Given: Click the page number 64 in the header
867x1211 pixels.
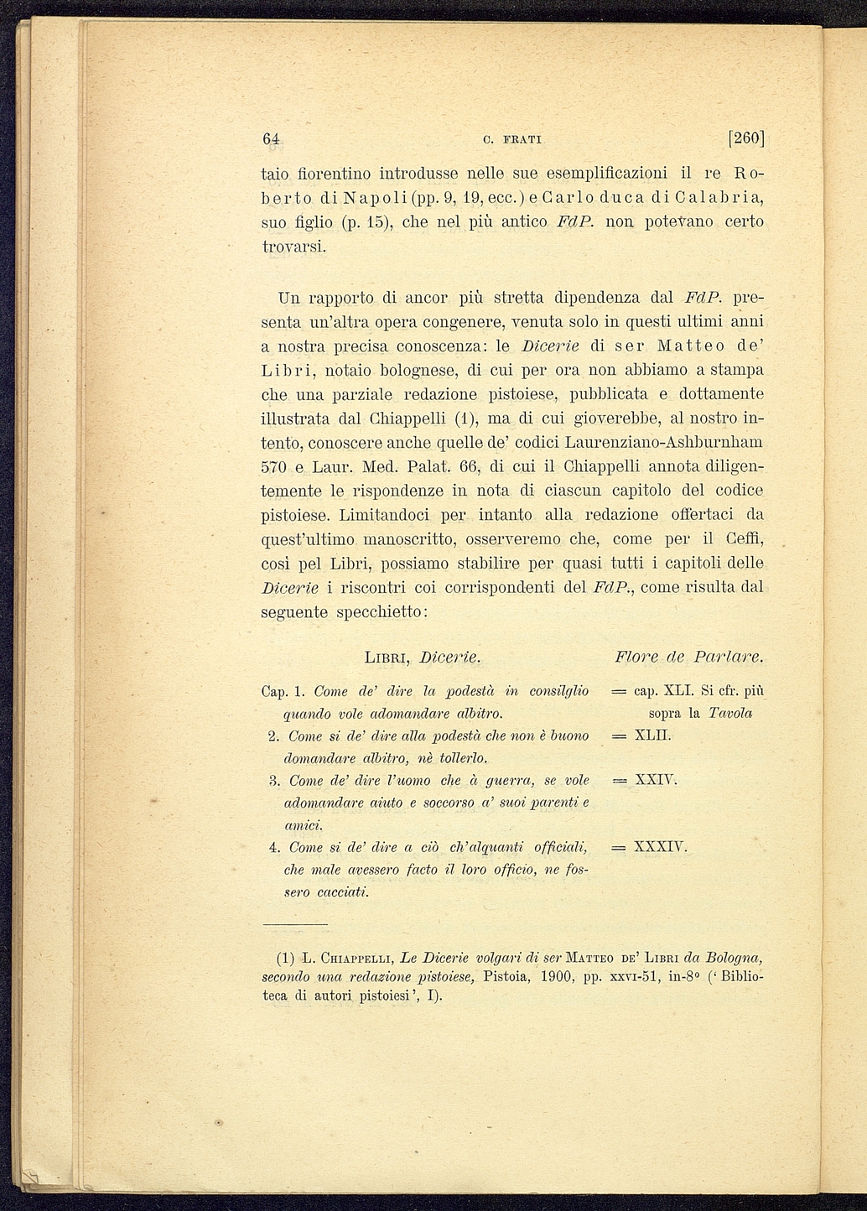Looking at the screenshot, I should pyautogui.click(x=270, y=139).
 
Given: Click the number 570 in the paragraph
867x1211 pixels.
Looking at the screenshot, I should pyautogui.click(x=273, y=465).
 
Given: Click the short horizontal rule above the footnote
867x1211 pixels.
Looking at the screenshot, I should pyautogui.click(x=287, y=923).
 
